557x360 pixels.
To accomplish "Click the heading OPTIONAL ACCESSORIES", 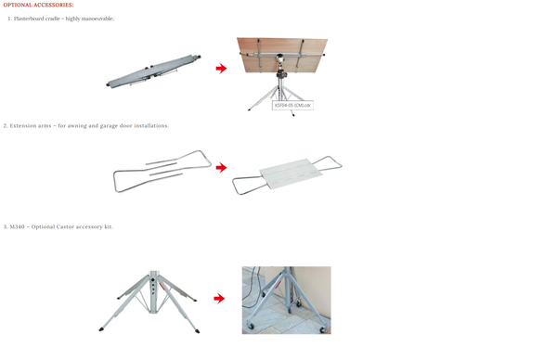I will click(38, 5).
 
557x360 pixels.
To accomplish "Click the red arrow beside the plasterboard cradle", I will click(221, 69).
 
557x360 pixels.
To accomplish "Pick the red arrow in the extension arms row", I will click(221, 168).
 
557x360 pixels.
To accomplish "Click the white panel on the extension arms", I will click(290, 173).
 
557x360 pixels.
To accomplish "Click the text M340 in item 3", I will click(19, 226).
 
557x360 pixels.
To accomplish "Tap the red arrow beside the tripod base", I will click(218, 299).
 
